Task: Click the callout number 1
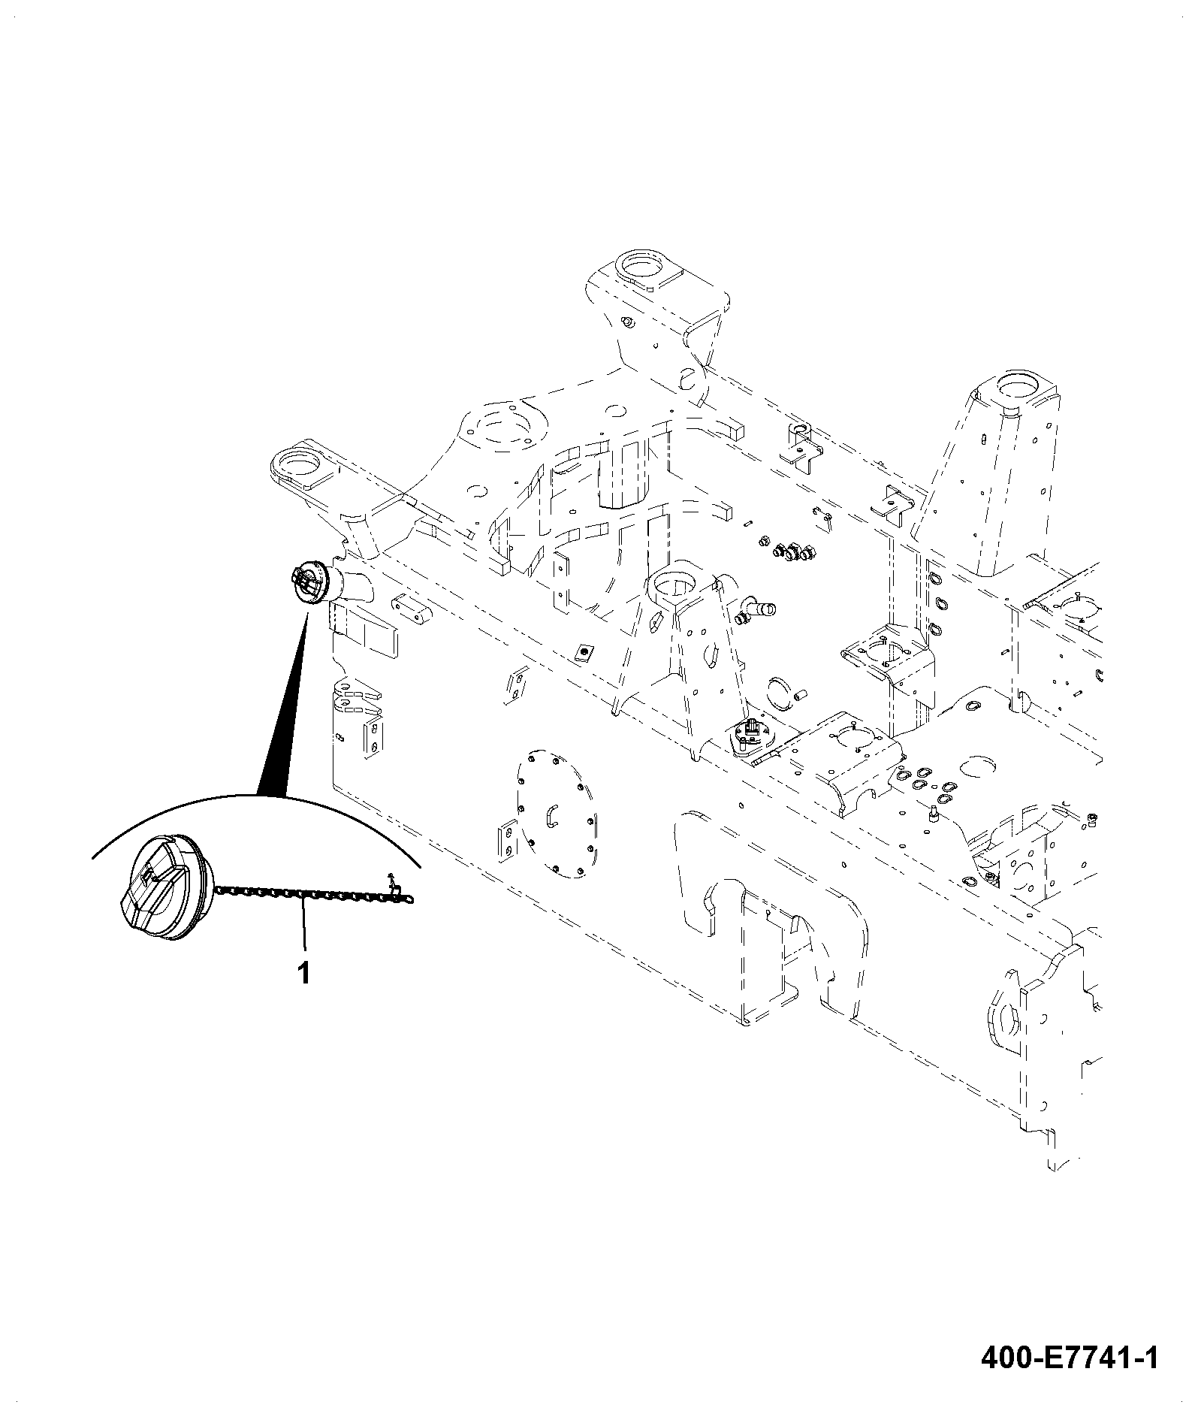point(303,974)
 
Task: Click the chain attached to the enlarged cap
point(315,894)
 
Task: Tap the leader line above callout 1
point(303,928)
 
